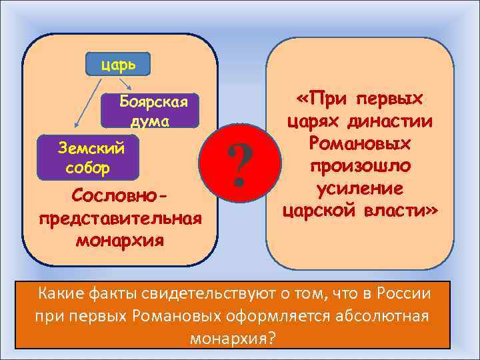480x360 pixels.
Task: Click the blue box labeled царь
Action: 118,65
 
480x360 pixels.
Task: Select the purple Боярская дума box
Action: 149,111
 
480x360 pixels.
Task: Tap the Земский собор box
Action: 88,158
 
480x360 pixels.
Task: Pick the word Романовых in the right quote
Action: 360,143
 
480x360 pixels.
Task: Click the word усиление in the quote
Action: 360,189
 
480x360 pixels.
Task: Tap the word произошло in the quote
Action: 360,166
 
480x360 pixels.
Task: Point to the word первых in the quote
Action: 390,99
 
